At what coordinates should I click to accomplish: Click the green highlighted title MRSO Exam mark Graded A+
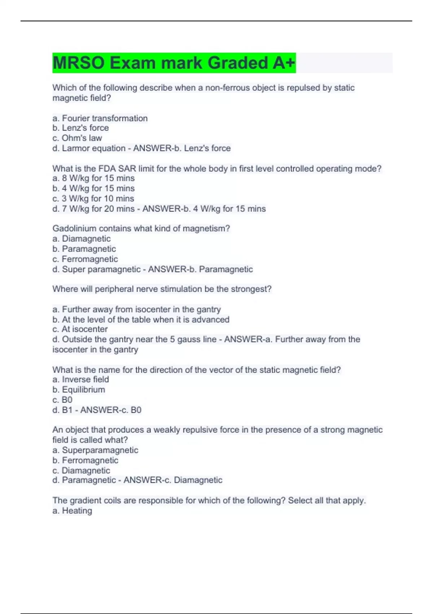tap(174, 63)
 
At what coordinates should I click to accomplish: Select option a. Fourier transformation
tap(100, 118)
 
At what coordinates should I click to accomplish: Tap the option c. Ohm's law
tap(77, 138)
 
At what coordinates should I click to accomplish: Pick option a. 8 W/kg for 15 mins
tap(93, 178)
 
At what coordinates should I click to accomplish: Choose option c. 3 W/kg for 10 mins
tap(93, 198)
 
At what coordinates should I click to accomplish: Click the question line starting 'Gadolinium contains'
tap(141, 228)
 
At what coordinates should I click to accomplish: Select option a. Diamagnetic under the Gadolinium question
tap(82, 238)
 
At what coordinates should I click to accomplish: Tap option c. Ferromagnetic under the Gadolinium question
tap(85, 259)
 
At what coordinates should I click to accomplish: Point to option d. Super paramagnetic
tap(96, 269)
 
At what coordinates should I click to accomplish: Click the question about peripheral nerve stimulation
tap(162, 289)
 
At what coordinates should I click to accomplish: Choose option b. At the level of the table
tap(141, 319)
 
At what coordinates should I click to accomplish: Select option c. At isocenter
tap(80, 329)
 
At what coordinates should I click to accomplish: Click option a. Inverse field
tap(80, 379)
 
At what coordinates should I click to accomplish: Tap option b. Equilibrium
tap(79, 389)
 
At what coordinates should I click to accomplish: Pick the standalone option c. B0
tap(62, 399)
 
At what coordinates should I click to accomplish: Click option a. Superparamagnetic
tap(95, 450)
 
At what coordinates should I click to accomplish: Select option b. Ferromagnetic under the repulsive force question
tap(85, 460)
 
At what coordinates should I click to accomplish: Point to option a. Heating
tap(72, 510)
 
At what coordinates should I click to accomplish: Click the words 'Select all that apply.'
tap(327, 500)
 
